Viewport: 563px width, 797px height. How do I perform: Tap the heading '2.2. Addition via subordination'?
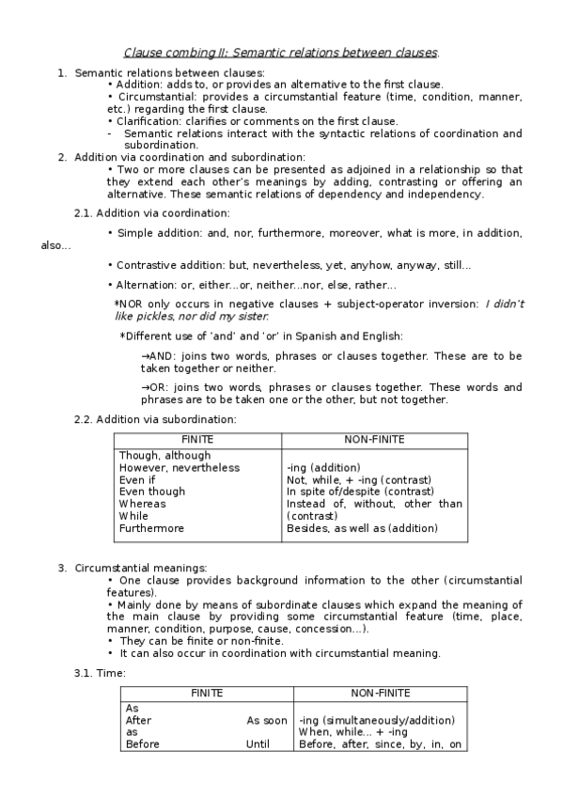pos(155,418)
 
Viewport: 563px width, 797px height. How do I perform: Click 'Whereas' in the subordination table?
pos(142,503)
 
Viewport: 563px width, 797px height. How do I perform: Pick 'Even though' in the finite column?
pos(151,491)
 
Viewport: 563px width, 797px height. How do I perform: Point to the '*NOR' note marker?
pos(128,305)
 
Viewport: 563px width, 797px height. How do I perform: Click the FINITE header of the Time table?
pos(207,693)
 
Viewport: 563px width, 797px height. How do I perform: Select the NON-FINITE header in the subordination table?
pos(375,439)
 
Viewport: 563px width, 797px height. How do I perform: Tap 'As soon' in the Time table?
pos(267,720)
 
